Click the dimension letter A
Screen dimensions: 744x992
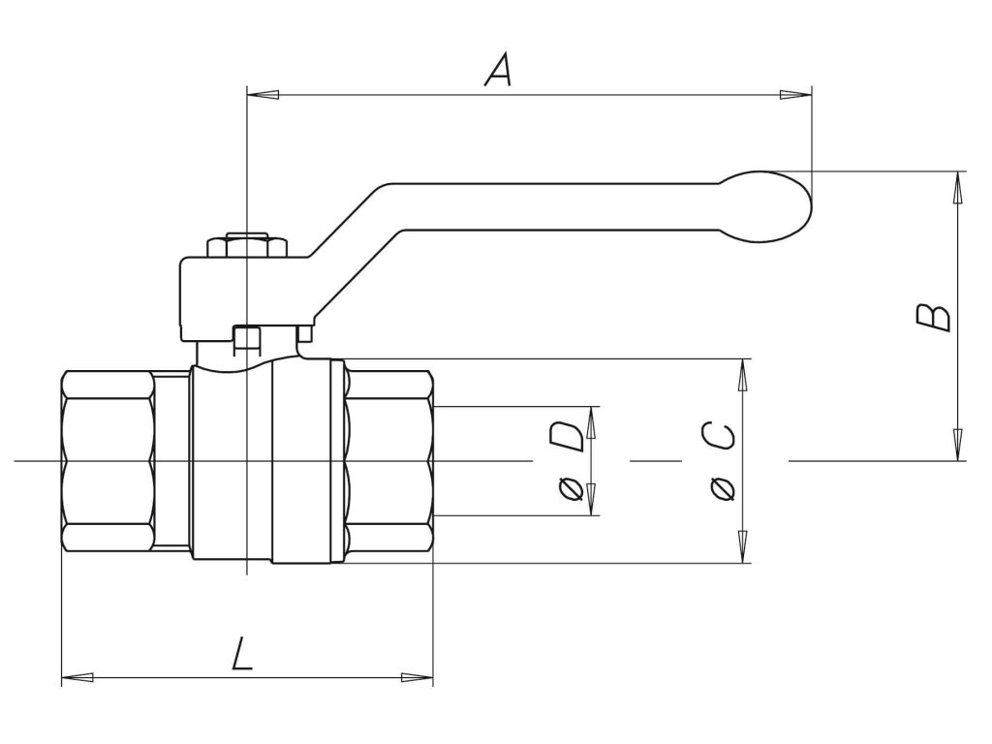(497, 70)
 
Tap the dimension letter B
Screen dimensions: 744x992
(934, 317)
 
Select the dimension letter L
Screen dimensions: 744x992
(243, 656)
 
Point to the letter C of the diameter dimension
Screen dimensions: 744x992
(720, 437)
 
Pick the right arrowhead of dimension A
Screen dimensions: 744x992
(796, 94)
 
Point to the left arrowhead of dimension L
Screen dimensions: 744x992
(77, 676)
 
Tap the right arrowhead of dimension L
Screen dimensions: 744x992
(418, 676)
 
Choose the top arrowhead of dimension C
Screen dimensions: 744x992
(744, 374)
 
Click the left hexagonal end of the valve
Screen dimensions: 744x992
(108, 461)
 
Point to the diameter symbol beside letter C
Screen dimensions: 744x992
(720, 489)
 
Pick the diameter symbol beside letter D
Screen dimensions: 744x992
(571, 489)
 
